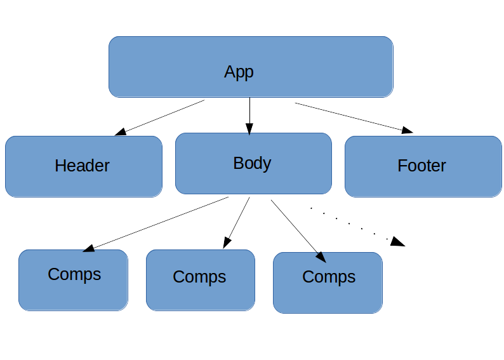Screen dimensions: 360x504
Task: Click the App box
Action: (x=251, y=67)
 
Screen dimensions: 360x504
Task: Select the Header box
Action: (x=83, y=166)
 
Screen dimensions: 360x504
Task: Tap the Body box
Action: (x=253, y=163)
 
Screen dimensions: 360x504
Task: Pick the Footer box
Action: (x=423, y=166)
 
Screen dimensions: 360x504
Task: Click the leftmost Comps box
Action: (x=73, y=280)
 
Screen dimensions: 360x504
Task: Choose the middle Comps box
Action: (x=200, y=280)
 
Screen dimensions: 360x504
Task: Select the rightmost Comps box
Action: (x=328, y=283)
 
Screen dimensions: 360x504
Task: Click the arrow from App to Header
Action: (x=160, y=117)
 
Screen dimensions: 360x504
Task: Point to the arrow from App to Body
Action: (x=249, y=114)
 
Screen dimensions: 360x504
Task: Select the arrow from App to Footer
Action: (x=352, y=117)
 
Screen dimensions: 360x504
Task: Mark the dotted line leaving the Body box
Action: (x=349, y=222)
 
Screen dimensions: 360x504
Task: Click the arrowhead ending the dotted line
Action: (x=398, y=241)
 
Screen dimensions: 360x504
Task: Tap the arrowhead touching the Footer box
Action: (x=407, y=131)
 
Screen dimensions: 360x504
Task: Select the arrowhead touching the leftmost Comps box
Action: (x=90, y=248)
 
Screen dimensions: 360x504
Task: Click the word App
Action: (x=239, y=72)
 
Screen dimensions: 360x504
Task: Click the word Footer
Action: (x=421, y=166)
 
